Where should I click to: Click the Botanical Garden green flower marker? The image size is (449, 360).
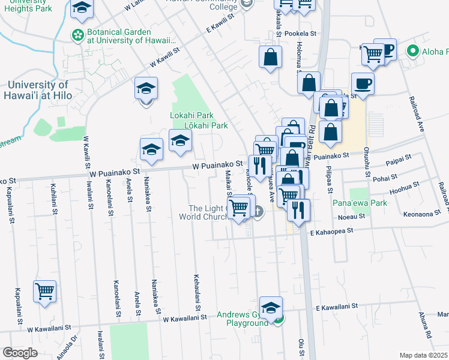(x=78, y=36)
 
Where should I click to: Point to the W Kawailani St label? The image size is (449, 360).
(x=185, y=317)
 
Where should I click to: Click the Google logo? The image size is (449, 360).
(x=20, y=353)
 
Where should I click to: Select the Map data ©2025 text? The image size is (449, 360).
(x=423, y=355)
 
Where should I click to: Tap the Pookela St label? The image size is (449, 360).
(x=300, y=34)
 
